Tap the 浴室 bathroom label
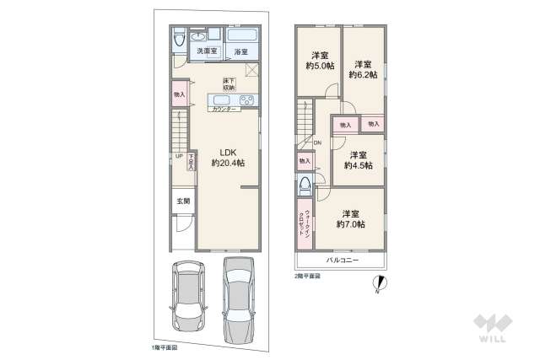click(x=241, y=52)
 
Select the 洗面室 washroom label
click(x=207, y=52)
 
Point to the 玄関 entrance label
click(x=182, y=201)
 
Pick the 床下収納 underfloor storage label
click(x=229, y=83)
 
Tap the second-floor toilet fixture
click(x=305, y=185)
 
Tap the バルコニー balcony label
click(x=343, y=261)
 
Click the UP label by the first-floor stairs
click(x=179, y=157)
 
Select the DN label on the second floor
click(x=317, y=143)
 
